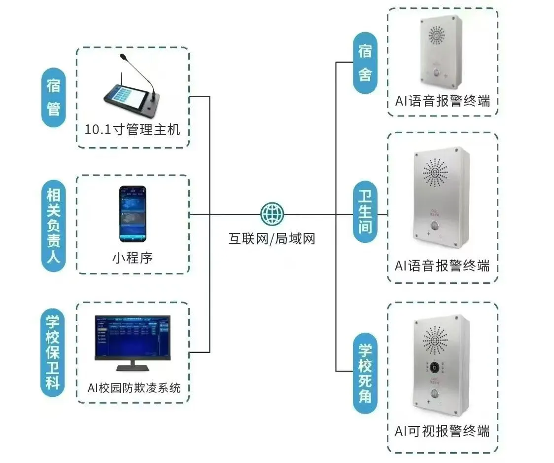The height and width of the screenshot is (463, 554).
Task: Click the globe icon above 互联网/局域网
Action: (x=272, y=214)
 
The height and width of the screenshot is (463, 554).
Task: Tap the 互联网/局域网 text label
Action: (x=272, y=239)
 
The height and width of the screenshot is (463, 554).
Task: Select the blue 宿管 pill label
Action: (x=53, y=97)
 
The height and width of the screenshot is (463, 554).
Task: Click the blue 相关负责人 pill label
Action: (x=53, y=225)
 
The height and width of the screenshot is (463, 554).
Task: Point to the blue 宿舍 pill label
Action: (x=365, y=63)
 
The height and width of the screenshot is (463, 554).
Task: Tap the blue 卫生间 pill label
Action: (x=365, y=212)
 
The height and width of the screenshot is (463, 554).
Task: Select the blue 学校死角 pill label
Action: (x=365, y=373)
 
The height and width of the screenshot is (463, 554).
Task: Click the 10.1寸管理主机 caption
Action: (x=133, y=130)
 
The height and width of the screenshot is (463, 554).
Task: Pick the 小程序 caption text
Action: (x=133, y=257)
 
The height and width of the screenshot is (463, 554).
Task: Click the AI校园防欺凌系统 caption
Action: (x=134, y=387)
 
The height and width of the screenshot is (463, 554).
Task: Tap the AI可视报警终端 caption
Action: (x=442, y=430)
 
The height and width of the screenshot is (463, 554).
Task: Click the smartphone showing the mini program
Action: (x=133, y=214)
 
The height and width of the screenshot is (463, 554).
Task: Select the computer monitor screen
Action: (x=133, y=337)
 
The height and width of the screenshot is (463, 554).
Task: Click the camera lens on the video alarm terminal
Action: (x=434, y=367)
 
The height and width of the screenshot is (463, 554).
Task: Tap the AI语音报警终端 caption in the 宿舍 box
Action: (x=442, y=101)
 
